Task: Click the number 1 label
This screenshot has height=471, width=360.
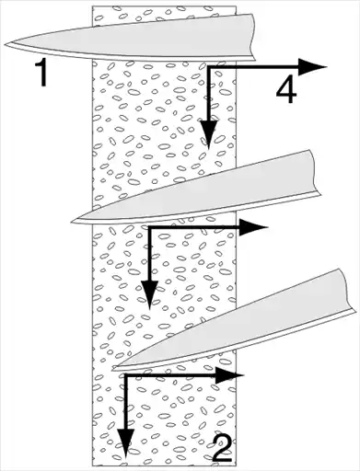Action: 41,73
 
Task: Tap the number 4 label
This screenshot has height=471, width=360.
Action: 286,91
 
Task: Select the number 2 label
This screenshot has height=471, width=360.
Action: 222,448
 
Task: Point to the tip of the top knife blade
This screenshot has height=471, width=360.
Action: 5,45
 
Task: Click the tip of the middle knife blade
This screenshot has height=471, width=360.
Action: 71,221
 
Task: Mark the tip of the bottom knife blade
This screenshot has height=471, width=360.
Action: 112,369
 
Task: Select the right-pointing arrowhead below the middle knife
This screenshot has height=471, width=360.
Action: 253,227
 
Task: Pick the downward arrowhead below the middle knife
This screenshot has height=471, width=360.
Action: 149,294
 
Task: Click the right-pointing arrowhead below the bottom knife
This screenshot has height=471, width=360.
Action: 229,375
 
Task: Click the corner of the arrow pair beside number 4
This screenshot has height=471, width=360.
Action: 209,67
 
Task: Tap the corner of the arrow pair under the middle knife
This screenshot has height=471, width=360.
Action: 149,227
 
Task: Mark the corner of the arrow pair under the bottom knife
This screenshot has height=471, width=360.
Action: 125,375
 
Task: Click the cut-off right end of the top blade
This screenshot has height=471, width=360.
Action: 253,37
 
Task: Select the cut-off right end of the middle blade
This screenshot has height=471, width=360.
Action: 316,172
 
